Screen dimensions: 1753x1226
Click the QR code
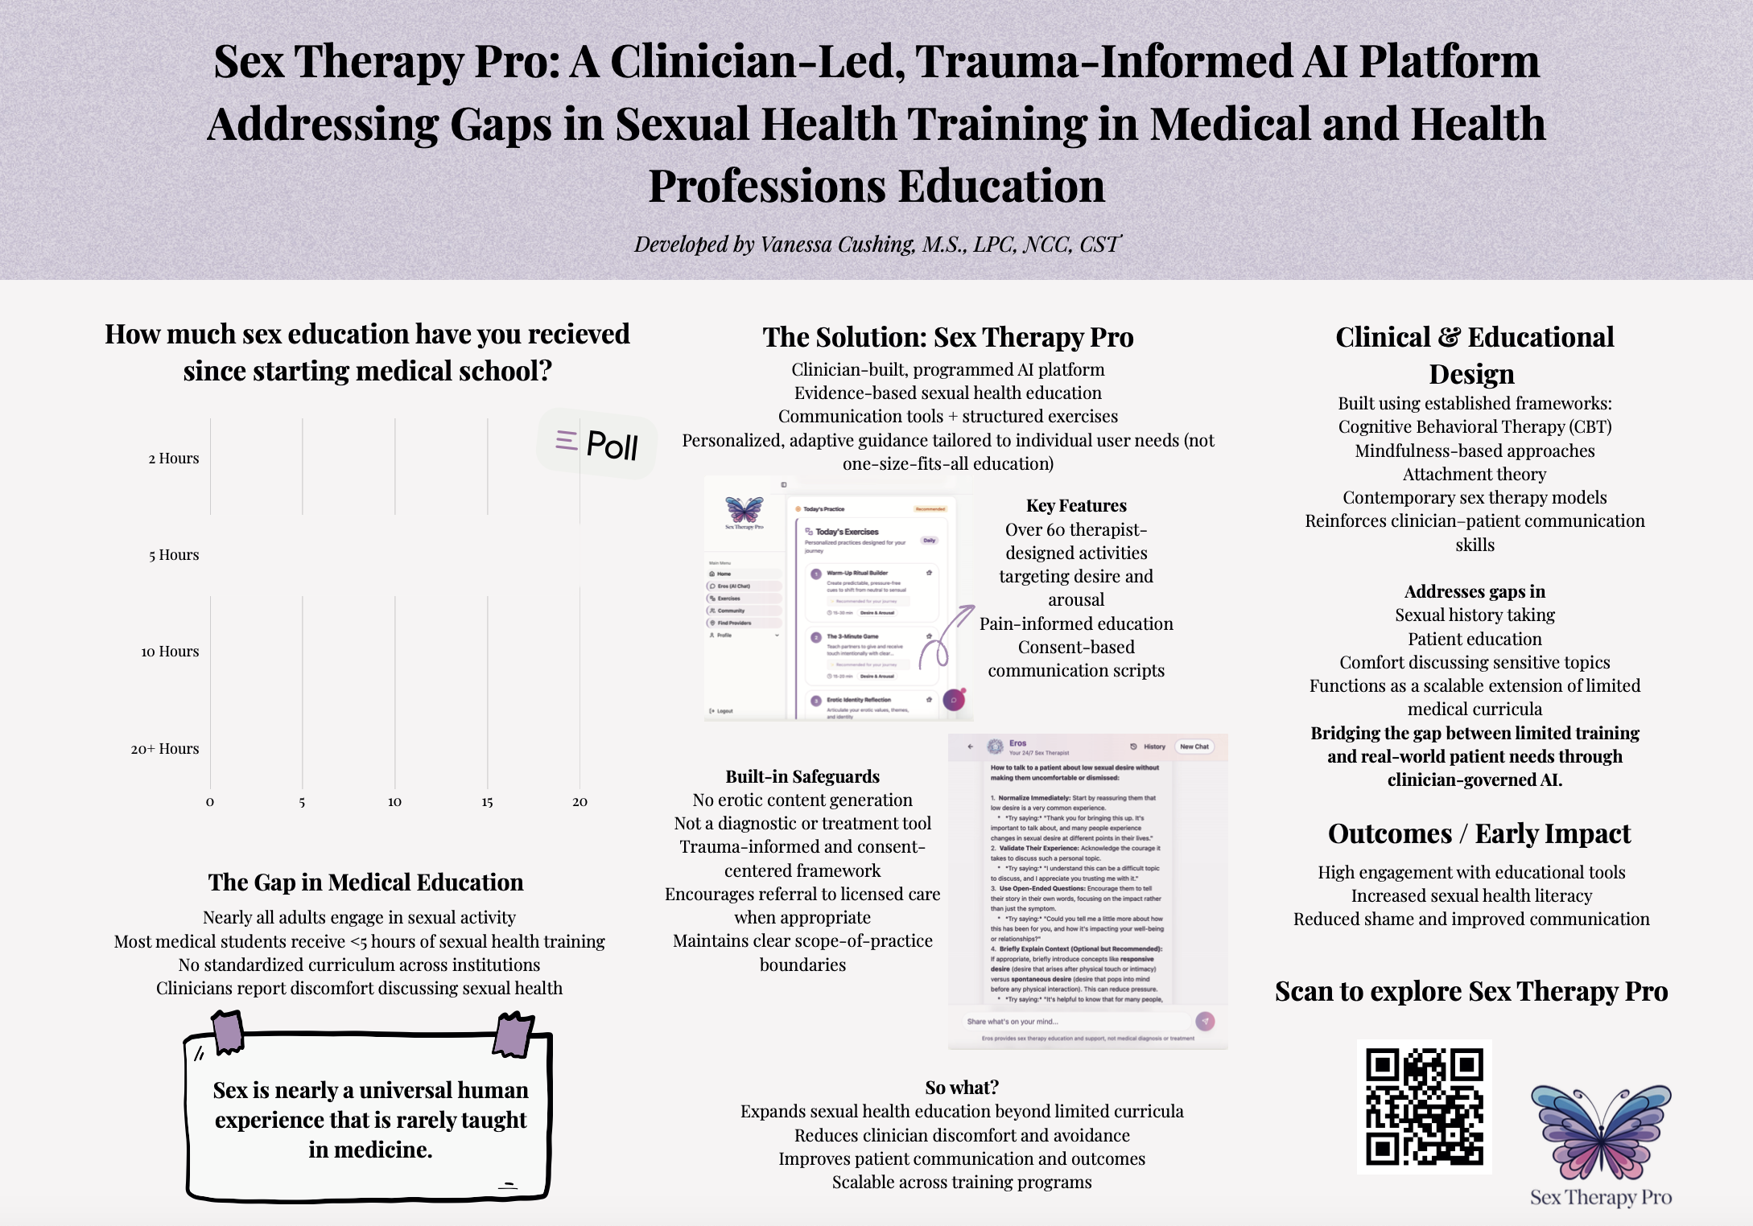(1424, 1106)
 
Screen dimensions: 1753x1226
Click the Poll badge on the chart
(597, 443)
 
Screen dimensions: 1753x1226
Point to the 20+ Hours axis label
(165, 749)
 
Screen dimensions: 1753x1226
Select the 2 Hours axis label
(173, 459)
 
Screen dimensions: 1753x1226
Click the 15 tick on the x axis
(487, 802)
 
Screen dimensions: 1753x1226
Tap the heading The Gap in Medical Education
(365, 882)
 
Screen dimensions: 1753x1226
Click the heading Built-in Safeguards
(802, 776)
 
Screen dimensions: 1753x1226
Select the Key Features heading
(1076, 506)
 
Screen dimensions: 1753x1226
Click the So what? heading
(962, 1088)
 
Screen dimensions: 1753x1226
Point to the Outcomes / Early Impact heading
(1479, 834)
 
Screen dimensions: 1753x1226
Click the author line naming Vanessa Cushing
(876, 245)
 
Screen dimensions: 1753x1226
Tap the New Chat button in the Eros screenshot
(1194, 747)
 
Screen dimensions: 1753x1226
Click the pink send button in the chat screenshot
(1205, 1021)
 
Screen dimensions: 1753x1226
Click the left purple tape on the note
(228, 1031)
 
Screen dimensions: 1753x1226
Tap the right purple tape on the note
(514, 1035)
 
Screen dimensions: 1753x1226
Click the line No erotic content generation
(802, 800)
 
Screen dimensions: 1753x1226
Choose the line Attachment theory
(1475, 475)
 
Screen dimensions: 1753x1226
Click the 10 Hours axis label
(170, 652)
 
